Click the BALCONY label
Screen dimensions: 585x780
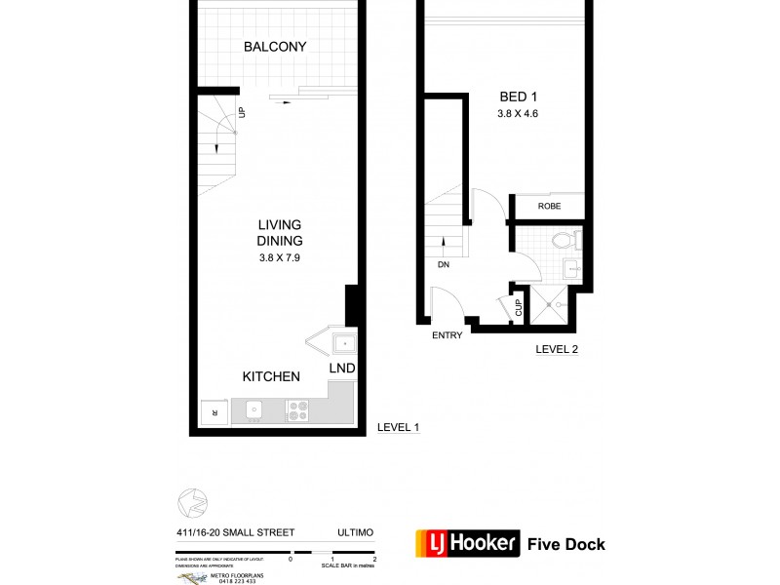click(275, 47)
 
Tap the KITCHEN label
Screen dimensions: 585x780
click(271, 376)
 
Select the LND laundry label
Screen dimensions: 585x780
click(341, 369)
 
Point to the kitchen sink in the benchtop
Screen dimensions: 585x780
click(253, 411)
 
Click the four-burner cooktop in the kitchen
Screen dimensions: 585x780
click(297, 411)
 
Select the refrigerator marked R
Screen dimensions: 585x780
click(214, 412)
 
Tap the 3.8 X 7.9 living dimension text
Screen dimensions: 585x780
click(279, 257)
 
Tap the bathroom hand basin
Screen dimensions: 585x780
click(571, 268)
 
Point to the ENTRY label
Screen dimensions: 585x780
click(447, 336)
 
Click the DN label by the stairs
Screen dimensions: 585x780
click(445, 264)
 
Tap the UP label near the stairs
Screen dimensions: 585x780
click(241, 114)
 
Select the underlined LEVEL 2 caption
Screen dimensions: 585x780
click(557, 349)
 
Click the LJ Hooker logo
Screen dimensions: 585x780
click(468, 543)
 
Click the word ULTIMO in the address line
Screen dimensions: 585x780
click(357, 533)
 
